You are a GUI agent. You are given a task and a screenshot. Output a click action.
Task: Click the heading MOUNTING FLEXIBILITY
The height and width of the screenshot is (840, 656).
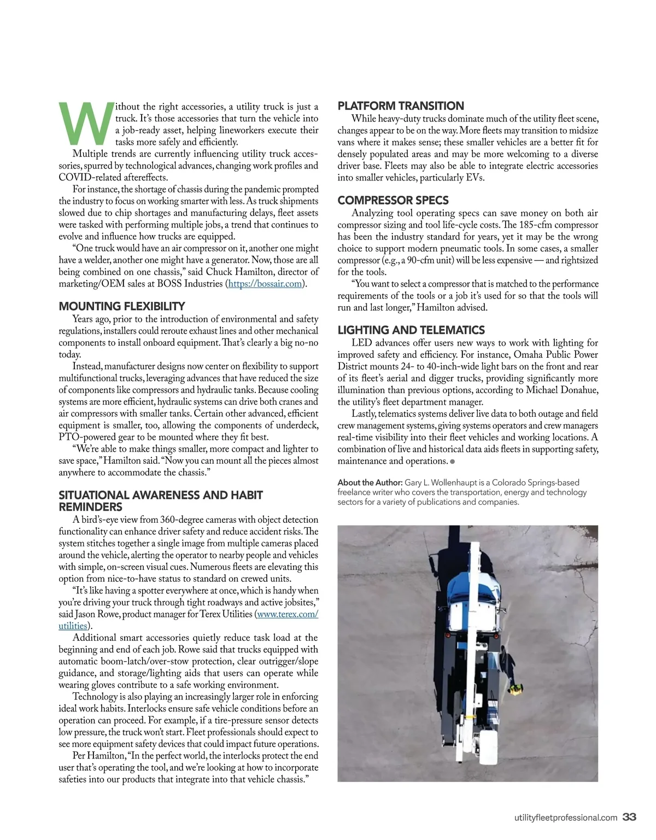tap(121, 306)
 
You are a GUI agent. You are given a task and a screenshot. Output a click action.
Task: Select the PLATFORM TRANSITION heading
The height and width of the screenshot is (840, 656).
tap(401, 106)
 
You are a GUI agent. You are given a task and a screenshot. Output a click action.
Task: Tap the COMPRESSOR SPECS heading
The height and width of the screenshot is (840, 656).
tap(393, 201)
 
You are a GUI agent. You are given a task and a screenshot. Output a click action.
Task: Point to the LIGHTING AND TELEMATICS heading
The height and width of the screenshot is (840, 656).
tap(411, 330)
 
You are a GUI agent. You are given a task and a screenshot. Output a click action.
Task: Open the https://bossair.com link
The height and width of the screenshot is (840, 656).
tap(265, 284)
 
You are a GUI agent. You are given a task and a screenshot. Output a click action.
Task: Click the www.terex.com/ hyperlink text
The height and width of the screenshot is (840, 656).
tap(288, 614)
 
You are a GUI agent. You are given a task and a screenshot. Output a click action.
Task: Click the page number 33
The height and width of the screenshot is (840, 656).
tap(630, 818)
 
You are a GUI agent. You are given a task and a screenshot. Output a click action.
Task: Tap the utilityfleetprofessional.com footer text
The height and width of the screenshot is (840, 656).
tap(566, 818)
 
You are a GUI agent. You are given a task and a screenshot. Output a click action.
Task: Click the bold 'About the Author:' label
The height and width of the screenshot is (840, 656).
tap(370, 482)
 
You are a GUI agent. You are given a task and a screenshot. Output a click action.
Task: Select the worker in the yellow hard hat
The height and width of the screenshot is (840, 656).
tap(515, 690)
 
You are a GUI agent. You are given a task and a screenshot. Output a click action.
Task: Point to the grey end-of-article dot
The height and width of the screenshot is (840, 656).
tap(453, 462)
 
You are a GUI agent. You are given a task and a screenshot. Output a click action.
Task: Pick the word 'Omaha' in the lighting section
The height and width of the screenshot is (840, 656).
tap(528, 354)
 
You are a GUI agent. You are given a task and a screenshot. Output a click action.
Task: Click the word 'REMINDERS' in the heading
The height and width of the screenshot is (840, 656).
tap(90, 507)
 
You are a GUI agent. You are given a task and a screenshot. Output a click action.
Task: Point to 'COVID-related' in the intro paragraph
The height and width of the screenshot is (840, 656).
tap(86, 177)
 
